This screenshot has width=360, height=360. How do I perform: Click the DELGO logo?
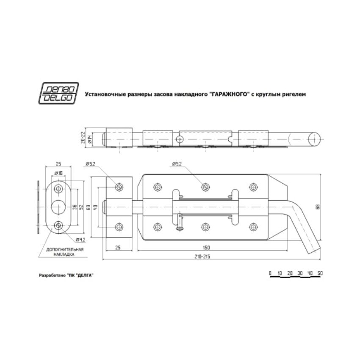click(x=58, y=93)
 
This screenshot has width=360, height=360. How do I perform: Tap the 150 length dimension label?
click(x=206, y=248)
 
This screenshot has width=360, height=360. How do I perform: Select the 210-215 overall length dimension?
click(x=202, y=257)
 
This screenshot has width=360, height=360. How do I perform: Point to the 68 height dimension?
click(x=318, y=207)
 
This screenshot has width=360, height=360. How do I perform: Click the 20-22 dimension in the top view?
click(x=83, y=138)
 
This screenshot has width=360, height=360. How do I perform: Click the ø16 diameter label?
click(x=59, y=173)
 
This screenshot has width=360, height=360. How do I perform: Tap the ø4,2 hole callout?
click(x=80, y=240)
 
